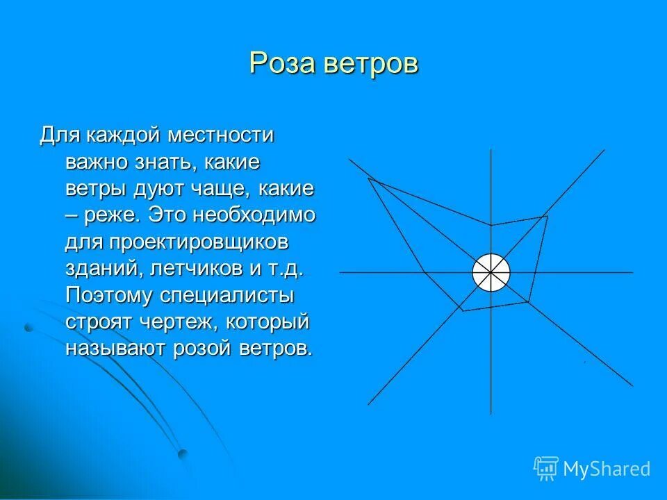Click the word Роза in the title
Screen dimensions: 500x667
282,63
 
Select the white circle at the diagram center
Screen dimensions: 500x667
491,272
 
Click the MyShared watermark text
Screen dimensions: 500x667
607,469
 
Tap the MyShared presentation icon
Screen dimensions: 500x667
546,468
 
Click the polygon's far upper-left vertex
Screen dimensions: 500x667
368,179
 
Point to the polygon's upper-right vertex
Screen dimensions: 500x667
547,216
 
